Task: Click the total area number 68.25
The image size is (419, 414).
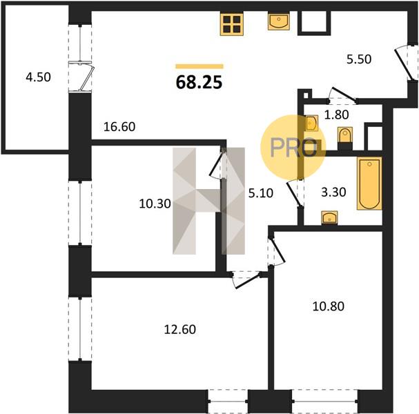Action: point(199,82)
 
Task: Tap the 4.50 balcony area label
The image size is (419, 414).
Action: point(38,77)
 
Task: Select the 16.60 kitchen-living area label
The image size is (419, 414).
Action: point(119,126)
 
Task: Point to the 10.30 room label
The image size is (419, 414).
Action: point(155,204)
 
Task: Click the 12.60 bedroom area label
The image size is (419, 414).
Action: point(180,329)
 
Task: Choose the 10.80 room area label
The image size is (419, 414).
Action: point(329,306)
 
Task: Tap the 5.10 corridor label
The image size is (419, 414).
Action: point(261,193)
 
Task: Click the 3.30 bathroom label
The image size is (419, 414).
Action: point(333,192)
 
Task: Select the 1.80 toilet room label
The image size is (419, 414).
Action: point(336,115)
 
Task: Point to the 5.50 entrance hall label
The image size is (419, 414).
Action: point(359,59)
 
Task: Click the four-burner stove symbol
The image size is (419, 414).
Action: point(232,24)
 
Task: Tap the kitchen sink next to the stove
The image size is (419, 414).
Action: point(279,22)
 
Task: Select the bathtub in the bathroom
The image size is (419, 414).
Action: point(369,184)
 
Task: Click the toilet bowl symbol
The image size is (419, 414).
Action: point(345,135)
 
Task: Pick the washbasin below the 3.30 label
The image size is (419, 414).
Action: point(329,217)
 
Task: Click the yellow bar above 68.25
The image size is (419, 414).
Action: point(199,66)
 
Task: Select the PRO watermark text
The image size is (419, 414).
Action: point(293,147)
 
